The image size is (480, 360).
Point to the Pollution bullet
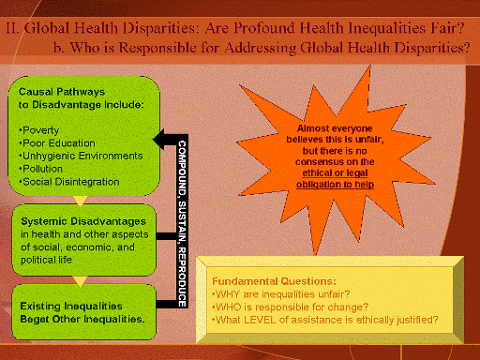tap(41, 166)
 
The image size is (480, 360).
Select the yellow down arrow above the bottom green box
tap(79, 279)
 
